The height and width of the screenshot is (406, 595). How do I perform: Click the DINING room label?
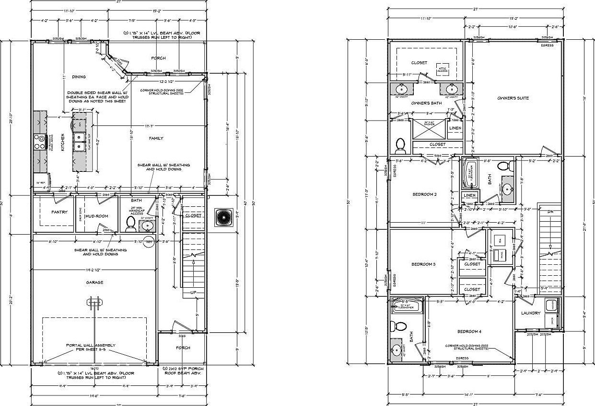click(79, 77)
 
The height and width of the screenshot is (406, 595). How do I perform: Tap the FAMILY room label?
click(156, 138)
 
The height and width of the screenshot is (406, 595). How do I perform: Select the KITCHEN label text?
click(62, 143)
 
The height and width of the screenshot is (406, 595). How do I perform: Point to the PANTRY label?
click(59, 212)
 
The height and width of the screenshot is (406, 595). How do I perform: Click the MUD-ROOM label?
click(96, 216)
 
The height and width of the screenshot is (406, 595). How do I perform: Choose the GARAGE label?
click(94, 282)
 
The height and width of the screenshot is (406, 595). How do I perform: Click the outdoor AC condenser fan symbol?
click(223, 217)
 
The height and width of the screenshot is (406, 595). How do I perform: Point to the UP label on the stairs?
click(193, 292)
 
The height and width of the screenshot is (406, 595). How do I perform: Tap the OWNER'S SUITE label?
click(513, 98)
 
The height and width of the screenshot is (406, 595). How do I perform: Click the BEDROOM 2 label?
click(424, 194)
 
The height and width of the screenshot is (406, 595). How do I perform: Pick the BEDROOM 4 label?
click(468, 332)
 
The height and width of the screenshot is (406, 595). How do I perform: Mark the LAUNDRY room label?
click(530, 313)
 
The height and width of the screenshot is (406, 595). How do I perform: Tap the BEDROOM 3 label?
click(423, 264)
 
